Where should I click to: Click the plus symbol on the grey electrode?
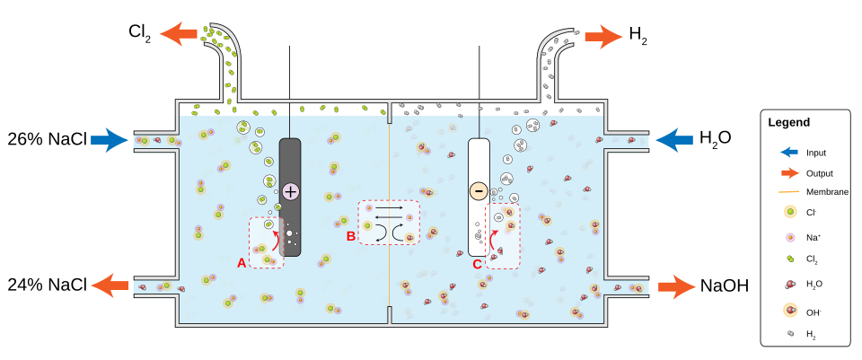(290, 191)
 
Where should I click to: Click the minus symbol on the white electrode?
(479, 191)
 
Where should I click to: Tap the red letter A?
(242, 263)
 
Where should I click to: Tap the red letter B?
(351, 236)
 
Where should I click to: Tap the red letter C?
(477, 264)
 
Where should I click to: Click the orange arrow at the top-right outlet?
(603, 37)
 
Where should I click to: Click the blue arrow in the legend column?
(789, 152)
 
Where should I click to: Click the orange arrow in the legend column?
(790, 173)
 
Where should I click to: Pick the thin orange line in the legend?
(789, 192)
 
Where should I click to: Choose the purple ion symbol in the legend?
(790, 238)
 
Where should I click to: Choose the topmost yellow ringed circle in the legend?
(790, 212)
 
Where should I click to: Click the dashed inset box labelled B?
(389, 222)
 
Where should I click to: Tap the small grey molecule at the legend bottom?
(790, 333)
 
